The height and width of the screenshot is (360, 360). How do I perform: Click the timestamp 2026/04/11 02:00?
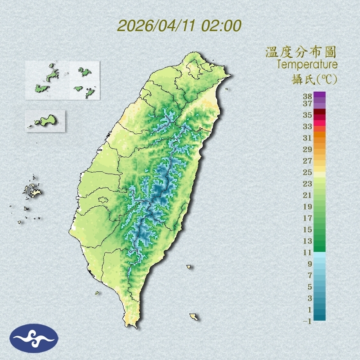(x=179, y=26)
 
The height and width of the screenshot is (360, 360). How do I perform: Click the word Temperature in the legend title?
(x=307, y=65)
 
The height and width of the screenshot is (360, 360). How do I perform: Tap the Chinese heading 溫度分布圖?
(x=301, y=52)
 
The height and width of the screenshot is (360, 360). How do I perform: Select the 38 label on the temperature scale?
(x=308, y=97)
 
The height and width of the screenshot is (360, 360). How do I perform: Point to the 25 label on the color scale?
(x=308, y=172)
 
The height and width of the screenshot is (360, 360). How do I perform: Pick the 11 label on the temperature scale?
(x=308, y=252)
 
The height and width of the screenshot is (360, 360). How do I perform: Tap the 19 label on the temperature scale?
(x=308, y=207)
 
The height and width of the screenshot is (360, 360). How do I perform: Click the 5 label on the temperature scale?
(x=310, y=287)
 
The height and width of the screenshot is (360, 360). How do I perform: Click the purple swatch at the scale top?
(x=319, y=95)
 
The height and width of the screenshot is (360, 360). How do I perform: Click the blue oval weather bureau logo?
(x=34, y=338)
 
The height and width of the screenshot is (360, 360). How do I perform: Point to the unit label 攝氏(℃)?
(x=312, y=79)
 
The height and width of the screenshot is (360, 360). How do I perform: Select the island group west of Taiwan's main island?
(x=31, y=190)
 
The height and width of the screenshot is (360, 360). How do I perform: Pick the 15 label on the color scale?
(x=308, y=229)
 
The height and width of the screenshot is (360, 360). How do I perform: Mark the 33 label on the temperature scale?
(x=308, y=126)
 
